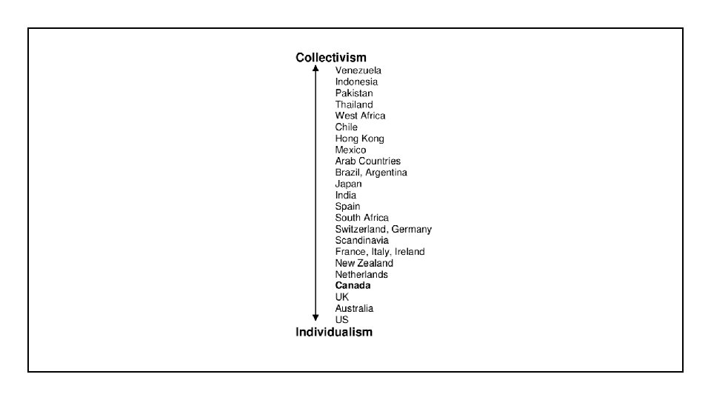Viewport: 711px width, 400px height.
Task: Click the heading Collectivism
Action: pyautogui.click(x=330, y=57)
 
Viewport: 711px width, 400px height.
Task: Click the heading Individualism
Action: pyautogui.click(x=334, y=332)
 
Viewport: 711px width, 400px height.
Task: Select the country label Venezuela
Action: pyautogui.click(x=358, y=70)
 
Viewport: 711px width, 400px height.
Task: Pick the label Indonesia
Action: pyautogui.click(x=356, y=81)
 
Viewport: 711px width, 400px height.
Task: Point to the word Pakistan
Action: pyautogui.click(x=354, y=93)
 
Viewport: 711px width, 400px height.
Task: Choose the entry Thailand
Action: pyautogui.click(x=354, y=104)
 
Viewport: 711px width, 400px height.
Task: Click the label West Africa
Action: pyautogui.click(x=360, y=116)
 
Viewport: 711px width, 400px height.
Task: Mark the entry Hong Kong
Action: pyautogui.click(x=359, y=139)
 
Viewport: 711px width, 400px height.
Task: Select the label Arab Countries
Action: pyautogui.click(x=367, y=161)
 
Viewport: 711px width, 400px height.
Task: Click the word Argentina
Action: pyautogui.click(x=385, y=173)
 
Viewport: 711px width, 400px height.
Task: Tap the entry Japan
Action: pyautogui.click(x=348, y=184)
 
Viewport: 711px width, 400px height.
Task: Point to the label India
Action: pyautogui.click(x=345, y=196)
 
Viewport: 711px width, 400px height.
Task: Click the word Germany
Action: pyautogui.click(x=411, y=230)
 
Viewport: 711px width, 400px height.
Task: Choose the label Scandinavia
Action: pyautogui.click(x=361, y=241)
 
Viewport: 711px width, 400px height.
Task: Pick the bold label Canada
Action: pyautogui.click(x=353, y=285)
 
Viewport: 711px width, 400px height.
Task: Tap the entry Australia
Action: pyautogui.click(x=354, y=308)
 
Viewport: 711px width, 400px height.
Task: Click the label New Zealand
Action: pyautogui.click(x=364, y=263)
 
